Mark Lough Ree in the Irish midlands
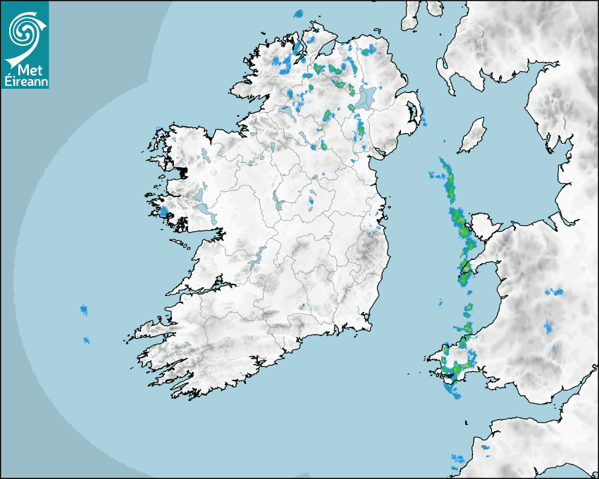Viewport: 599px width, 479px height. [277, 204]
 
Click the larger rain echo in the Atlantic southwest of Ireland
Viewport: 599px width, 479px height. [84, 309]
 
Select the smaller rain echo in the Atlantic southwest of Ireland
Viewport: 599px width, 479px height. [87, 340]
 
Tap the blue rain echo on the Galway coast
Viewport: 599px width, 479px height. [163, 211]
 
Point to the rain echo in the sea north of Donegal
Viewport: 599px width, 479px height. [297, 14]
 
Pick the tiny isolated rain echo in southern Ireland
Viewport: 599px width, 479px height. [302, 306]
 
